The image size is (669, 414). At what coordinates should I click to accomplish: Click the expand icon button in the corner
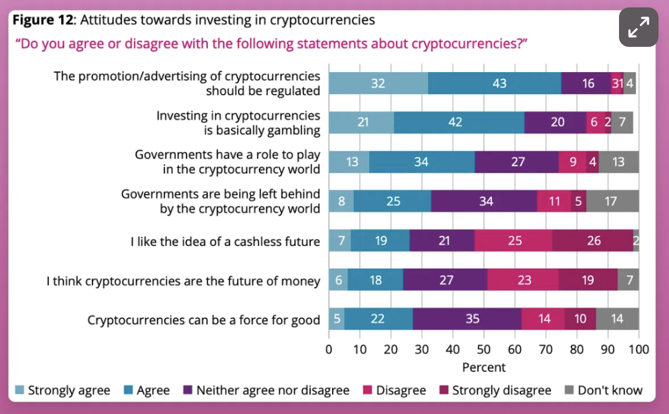(639, 27)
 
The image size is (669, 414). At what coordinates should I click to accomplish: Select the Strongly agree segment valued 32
(378, 83)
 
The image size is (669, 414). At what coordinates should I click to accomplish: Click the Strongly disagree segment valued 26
(592, 241)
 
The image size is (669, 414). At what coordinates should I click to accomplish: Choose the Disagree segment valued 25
(513, 241)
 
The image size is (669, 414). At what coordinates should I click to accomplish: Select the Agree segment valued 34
(422, 162)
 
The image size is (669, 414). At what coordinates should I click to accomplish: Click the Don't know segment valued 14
(617, 320)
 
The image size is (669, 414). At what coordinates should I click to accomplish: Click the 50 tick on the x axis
(484, 350)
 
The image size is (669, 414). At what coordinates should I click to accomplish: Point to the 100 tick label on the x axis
(639, 350)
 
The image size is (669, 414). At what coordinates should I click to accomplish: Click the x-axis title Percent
(484, 367)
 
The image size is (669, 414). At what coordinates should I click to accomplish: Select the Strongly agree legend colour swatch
(20, 390)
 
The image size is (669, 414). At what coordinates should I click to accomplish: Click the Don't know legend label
(610, 390)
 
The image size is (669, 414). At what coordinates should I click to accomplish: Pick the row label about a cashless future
(225, 241)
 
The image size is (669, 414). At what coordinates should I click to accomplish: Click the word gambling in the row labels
(291, 130)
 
